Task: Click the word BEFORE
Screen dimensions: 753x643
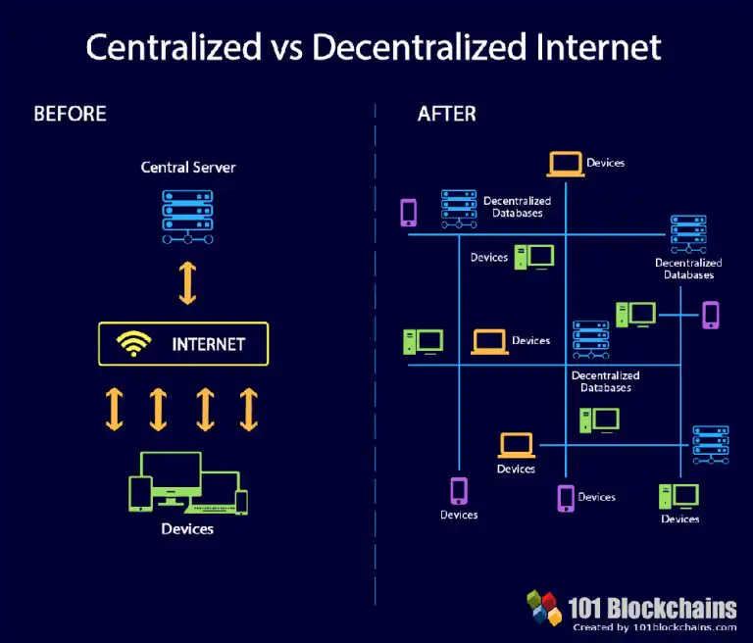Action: coord(71,114)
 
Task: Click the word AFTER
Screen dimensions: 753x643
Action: coord(447,114)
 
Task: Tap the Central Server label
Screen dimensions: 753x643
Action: coord(188,167)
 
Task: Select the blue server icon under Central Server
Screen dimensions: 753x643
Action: coord(188,217)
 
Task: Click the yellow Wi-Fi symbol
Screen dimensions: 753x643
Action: coord(133,343)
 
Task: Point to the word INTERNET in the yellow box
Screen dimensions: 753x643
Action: coord(209,344)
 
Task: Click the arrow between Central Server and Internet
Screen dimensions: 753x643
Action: coord(188,283)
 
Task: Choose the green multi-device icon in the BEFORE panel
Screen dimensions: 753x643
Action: coord(188,483)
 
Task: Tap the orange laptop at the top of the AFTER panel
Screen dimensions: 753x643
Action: coord(565,165)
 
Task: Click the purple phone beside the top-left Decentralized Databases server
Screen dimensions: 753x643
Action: coord(409,213)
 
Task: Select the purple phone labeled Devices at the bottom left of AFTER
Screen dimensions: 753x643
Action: coord(459,491)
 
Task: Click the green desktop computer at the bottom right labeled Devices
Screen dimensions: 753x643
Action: coord(679,497)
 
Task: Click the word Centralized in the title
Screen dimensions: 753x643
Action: coord(174,47)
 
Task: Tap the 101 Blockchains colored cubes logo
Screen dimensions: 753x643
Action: coord(544,607)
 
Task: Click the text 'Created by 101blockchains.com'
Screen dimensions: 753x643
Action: coord(655,627)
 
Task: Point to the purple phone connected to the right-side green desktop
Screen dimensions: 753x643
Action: coord(711,315)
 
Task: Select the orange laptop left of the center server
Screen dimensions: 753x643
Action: coord(489,342)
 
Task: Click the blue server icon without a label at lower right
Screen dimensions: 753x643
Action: coord(711,445)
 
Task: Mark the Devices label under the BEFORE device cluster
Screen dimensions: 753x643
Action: coord(187,528)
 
